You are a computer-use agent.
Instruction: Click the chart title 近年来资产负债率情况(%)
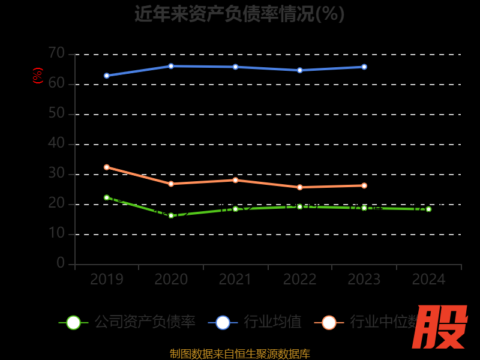pyautogui.click(x=239, y=14)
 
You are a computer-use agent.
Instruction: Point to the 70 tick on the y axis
pyautogui.click(x=56, y=53)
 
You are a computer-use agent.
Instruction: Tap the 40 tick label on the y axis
pyautogui.click(x=56, y=143)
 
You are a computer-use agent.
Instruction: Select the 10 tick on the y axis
pyautogui.click(x=56, y=233)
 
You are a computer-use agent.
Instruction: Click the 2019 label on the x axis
pyautogui.click(x=107, y=280)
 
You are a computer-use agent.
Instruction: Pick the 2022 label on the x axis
pyautogui.click(x=300, y=280)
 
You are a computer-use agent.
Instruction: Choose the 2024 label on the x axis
pyautogui.click(x=428, y=280)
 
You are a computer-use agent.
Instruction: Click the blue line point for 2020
pyautogui.click(x=171, y=66)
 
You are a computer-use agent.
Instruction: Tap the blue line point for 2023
pyautogui.click(x=364, y=67)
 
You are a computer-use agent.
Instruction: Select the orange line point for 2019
pyautogui.click(x=107, y=167)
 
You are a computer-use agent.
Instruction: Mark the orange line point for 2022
pyautogui.click(x=300, y=187)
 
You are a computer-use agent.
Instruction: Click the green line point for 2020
pyautogui.click(x=171, y=215)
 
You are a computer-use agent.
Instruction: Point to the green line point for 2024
pyautogui.click(x=428, y=209)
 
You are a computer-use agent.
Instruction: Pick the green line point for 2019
pyautogui.click(x=107, y=197)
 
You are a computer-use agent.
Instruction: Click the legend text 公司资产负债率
pyautogui.click(x=145, y=322)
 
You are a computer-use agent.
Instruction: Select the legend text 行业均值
pyautogui.click(x=272, y=322)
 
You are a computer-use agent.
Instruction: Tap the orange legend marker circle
pyautogui.click(x=329, y=322)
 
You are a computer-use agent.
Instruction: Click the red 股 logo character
pyautogui.click(x=440, y=327)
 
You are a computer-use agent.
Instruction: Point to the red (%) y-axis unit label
pyautogui.click(x=38, y=76)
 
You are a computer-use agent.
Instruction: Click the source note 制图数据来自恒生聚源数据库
pyautogui.click(x=239, y=354)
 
